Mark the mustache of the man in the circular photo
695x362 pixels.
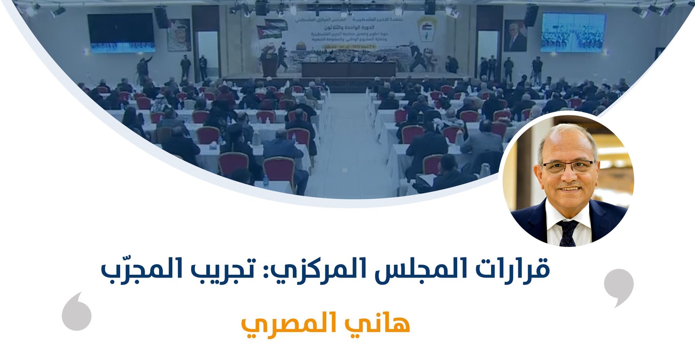[569, 186]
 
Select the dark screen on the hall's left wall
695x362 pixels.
[121, 33]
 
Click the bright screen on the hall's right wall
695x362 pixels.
[573, 33]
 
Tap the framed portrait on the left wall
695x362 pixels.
[179, 35]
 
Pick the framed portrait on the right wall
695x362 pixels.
[515, 36]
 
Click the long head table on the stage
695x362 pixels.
[349, 69]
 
